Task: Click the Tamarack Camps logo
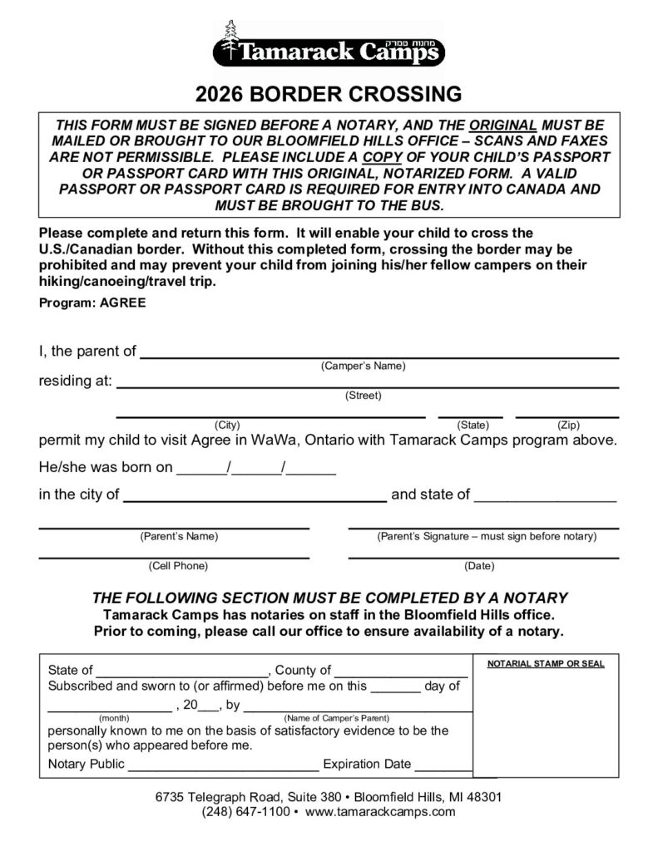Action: (329, 45)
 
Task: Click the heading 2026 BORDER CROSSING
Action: (329, 92)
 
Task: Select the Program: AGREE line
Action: (92, 303)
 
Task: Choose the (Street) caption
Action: (364, 396)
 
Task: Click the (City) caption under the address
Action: (228, 425)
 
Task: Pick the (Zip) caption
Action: (568, 425)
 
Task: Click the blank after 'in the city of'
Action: (255, 499)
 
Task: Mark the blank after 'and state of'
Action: (546, 499)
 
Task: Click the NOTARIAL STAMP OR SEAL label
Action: (546, 664)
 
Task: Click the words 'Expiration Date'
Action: (367, 764)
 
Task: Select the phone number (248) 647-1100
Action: (245, 811)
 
